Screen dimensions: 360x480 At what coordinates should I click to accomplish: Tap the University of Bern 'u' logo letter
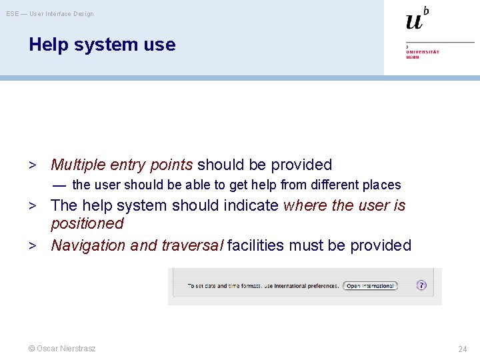(x=414, y=21)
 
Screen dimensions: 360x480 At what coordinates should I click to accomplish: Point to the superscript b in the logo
(x=426, y=11)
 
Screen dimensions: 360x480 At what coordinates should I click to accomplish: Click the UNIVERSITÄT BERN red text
(x=422, y=54)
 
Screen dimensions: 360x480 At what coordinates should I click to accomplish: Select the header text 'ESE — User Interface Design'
(x=50, y=13)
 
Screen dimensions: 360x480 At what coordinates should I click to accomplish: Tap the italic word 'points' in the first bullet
(x=171, y=165)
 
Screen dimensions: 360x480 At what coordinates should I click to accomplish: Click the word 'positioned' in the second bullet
(x=87, y=223)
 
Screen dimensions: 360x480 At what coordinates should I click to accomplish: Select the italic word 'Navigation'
(x=89, y=245)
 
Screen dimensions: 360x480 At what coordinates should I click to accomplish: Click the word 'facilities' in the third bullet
(x=256, y=245)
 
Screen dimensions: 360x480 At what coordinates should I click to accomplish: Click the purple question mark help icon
(x=421, y=285)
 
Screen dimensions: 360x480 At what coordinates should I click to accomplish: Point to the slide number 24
(x=462, y=349)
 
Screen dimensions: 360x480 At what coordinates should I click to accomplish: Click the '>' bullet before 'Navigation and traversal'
(x=32, y=245)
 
